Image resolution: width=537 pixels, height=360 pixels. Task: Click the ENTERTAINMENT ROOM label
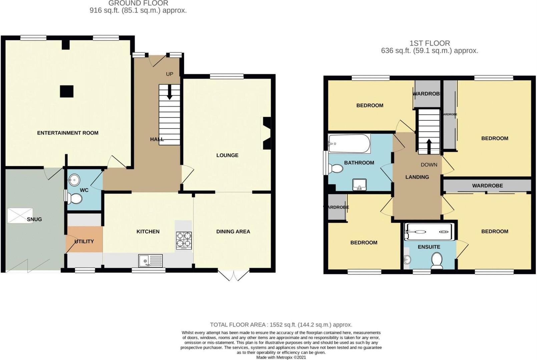tap(68, 133)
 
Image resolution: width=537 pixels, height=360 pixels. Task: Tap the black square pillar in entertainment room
tap(67, 91)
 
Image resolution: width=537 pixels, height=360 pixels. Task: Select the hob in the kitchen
tap(184, 240)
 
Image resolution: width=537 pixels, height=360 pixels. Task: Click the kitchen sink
tap(151, 261)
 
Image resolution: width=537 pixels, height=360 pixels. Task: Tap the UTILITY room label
tap(84, 241)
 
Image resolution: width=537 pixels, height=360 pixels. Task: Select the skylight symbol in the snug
tap(20, 216)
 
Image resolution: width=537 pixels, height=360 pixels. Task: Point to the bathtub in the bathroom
tap(349, 144)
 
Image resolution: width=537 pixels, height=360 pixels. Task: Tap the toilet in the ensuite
tap(437, 260)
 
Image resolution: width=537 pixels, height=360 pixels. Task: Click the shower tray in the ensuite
tap(429, 231)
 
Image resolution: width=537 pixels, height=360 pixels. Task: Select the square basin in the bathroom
tap(360, 185)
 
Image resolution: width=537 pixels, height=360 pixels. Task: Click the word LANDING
tap(417, 177)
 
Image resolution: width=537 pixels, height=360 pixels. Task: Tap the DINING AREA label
tap(233, 231)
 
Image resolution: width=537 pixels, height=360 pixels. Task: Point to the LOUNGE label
tap(227, 155)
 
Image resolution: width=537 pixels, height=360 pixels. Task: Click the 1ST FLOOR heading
tap(430, 43)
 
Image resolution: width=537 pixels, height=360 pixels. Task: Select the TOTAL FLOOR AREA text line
tap(281, 324)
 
